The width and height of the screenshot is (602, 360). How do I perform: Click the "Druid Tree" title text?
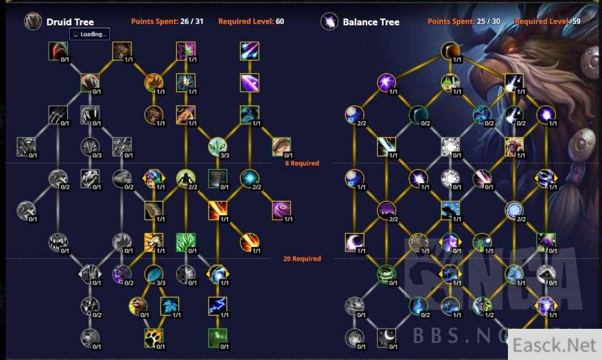point(70,22)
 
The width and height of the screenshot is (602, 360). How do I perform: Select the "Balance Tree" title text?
point(371,22)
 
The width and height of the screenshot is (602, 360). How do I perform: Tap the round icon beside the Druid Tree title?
point(33,22)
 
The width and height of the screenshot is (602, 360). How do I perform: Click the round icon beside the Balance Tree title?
point(329,22)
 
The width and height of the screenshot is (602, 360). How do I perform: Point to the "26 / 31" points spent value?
point(192,22)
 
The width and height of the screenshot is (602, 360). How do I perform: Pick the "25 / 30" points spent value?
point(488,22)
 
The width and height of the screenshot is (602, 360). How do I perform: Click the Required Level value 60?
point(280,22)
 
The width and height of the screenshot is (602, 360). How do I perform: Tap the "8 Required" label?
point(301,163)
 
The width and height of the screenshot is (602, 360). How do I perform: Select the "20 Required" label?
point(302,258)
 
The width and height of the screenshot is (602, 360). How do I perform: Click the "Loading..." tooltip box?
point(90,34)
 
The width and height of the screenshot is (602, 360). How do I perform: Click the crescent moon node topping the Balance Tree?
point(450,51)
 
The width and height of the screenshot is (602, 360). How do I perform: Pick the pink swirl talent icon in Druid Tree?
point(282,210)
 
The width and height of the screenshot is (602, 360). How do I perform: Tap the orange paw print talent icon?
point(153,338)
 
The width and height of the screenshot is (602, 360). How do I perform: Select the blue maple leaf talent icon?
point(169,305)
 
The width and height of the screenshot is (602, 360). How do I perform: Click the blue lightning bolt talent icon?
point(218,305)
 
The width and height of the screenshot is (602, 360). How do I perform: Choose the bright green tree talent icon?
point(185,242)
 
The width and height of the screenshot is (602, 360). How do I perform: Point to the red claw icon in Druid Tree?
point(58,51)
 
